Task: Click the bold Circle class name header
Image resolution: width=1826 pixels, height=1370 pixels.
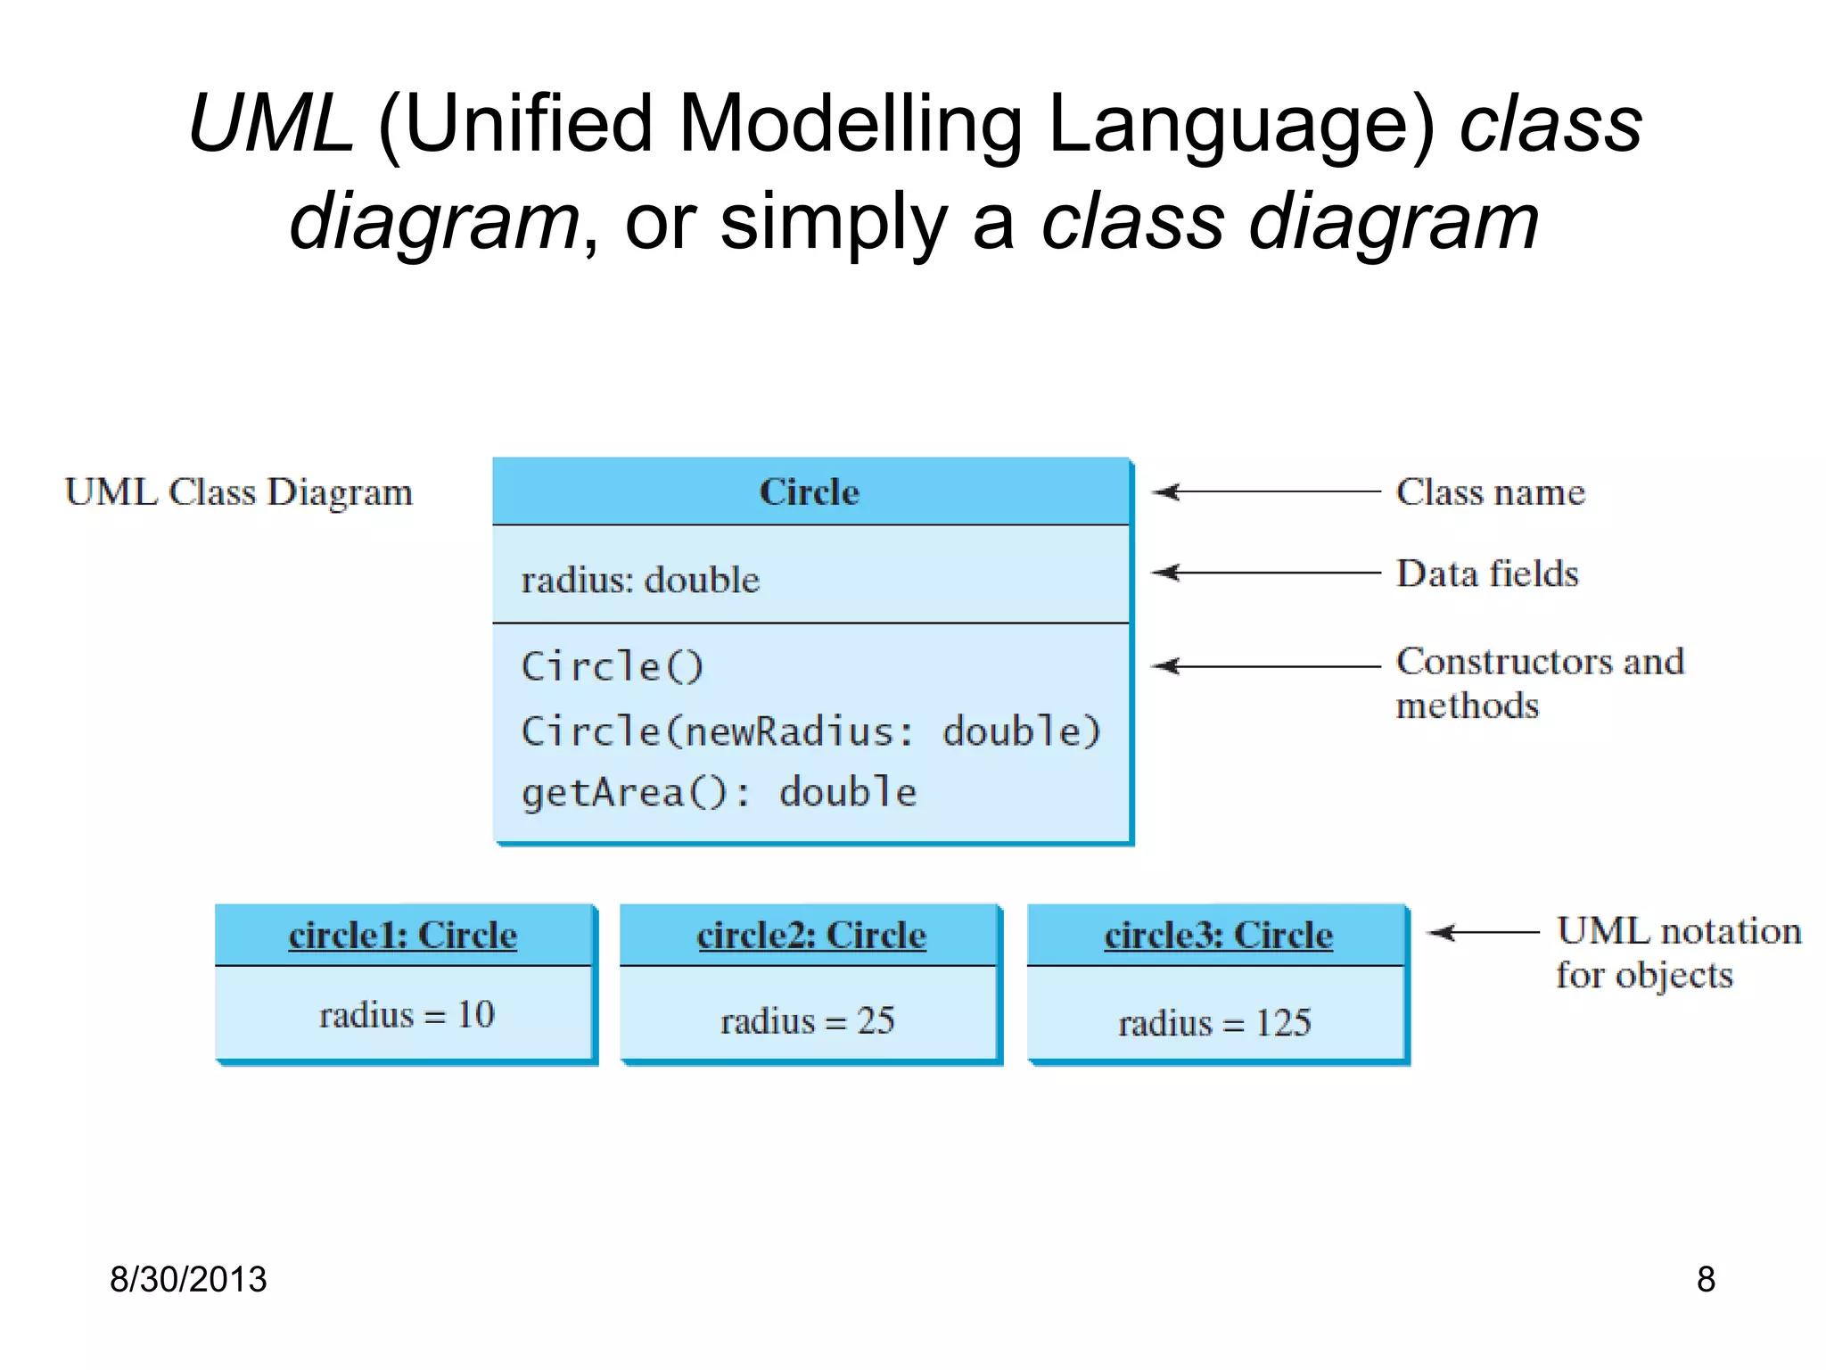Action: (809, 492)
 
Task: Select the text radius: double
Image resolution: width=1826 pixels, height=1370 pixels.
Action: (640, 581)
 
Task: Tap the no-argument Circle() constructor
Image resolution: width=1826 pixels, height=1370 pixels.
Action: (612, 667)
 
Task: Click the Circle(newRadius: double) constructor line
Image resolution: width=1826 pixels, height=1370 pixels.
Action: (810, 731)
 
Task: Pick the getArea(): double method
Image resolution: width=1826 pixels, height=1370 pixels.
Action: (719, 793)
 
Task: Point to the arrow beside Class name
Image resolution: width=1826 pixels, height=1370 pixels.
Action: (1266, 491)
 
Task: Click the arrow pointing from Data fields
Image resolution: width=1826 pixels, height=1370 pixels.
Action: (1266, 573)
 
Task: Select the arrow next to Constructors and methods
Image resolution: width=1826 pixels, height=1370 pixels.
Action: (1266, 666)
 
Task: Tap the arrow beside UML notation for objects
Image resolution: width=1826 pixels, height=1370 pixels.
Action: (1484, 933)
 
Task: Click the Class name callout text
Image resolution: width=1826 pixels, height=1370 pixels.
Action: (1490, 492)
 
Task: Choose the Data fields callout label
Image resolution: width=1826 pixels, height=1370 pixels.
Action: (1487, 574)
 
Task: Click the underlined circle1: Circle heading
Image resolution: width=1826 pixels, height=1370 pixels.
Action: (403, 936)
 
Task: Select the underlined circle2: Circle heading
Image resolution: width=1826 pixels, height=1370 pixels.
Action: (811, 936)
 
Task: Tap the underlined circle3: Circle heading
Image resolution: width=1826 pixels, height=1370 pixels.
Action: (1218, 936)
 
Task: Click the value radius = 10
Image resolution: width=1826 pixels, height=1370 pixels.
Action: (407, 1015)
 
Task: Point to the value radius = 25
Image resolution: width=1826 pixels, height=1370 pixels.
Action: (807, 1020)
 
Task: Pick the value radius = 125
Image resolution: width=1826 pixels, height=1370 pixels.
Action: (1214, 1023)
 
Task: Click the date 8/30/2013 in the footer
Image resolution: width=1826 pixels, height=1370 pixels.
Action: (188, 1279)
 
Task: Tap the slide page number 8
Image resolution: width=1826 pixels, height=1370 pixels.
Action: (1705, 1279)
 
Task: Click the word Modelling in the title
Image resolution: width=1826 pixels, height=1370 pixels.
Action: (850, 125)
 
